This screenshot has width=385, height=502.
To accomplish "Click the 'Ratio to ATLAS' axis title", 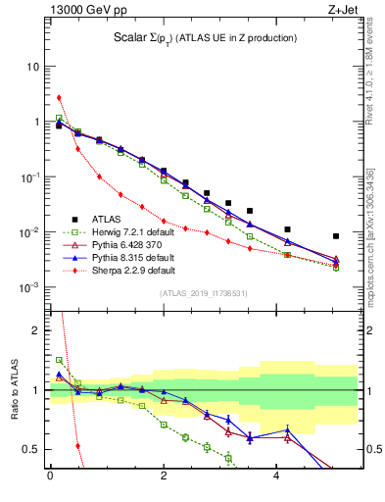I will pyautogui.click(x=14, y=392).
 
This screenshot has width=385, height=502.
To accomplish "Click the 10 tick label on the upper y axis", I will pyautogui.click(x=30, y=67).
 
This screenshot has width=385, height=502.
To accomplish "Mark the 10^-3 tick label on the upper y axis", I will pyautogui.click(x=29, y=287).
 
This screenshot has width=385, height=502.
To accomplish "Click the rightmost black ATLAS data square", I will pyautogui.click(x=336, y=236).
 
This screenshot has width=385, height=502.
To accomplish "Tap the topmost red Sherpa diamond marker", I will pyautogui.click(x=59, y=98).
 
